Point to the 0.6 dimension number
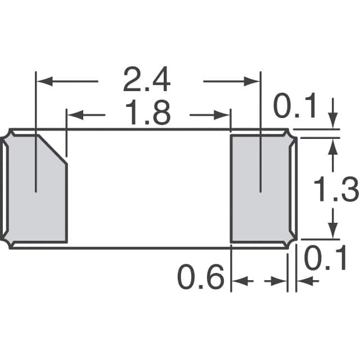tap(201, 277)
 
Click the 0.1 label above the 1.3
tap(295, 107)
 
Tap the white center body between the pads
tap(149, 188)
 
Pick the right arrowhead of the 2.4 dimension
tap(253, 82)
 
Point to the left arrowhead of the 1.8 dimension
tap(74, 115)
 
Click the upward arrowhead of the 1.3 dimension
tap(333, 145)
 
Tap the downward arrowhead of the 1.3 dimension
tap(333, 232)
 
